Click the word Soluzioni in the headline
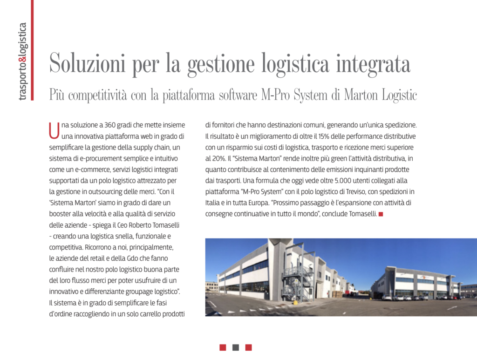[x=87, y=64]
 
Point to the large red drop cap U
[x=54, y=130]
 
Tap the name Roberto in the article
[x=141, y=225]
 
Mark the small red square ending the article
[x=381, y=214]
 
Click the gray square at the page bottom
[x=236, y=347]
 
